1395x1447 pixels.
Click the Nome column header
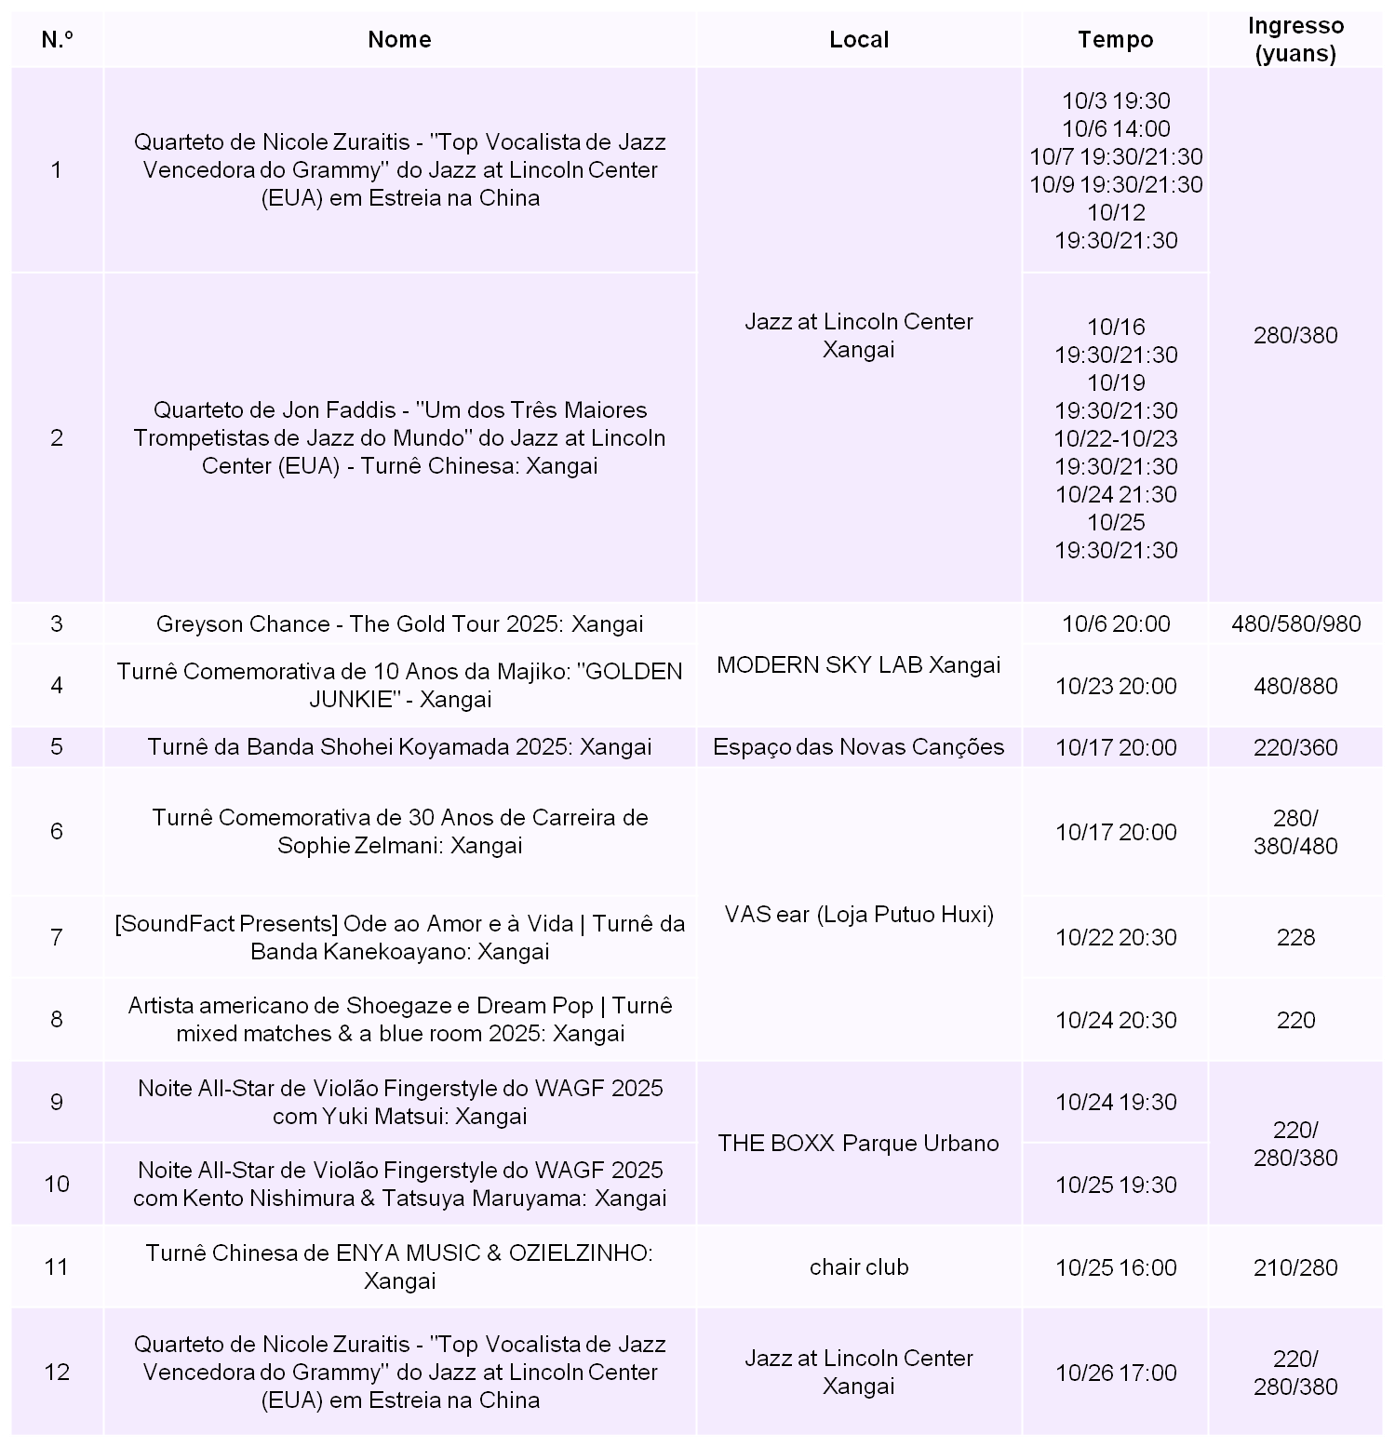[x=399, y=39]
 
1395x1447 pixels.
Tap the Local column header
[x=858, y=39]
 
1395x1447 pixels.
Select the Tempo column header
[x=1115, y=39]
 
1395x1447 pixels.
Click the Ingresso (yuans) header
[x=1295, y=39]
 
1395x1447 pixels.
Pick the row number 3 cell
[x=57, y=623]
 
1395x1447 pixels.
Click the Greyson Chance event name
[x=399, y=623]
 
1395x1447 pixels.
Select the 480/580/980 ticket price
[x=1295, y=623]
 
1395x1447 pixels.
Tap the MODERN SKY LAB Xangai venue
[x=858, y=664]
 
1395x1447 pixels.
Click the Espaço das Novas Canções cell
[x=858, y=747]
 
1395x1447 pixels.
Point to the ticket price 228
[x=1295, y=937]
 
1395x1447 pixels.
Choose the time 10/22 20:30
[x=1115, y=937]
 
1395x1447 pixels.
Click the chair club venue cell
[x=858, y=1266]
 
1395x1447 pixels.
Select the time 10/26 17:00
[x=1115, y=1373]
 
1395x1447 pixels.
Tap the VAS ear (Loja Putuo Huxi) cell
[x=858, y=915]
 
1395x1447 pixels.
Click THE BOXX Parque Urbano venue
[x=858, y=1143]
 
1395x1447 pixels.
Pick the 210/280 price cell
[x=1295, y=1267]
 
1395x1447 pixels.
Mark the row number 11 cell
[x=57, y=1266]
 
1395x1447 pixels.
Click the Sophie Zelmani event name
[x=399, y=831]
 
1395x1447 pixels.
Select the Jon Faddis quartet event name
[x=399, y=437]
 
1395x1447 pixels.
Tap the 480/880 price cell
[x=1295, y=686]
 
